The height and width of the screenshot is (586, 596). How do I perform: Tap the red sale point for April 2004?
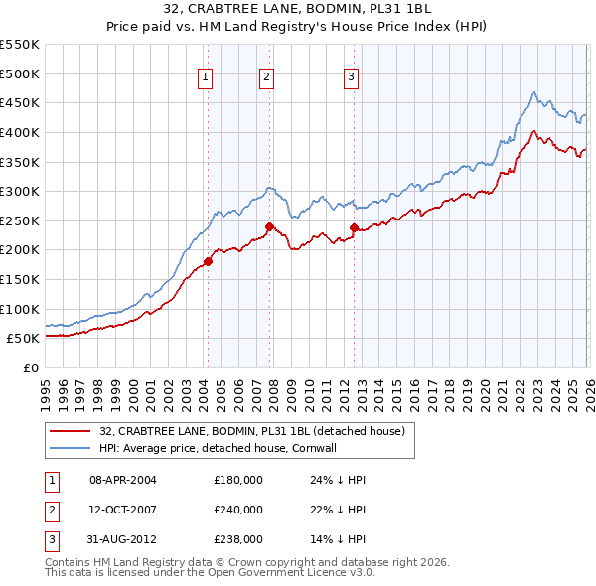coord(208,261)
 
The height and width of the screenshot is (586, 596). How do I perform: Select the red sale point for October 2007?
coord(269,226)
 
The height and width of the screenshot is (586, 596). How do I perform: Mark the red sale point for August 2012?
coord(355,227)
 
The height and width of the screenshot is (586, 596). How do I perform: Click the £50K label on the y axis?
coord(23,338)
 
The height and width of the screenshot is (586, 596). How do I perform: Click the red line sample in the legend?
coord(71,431)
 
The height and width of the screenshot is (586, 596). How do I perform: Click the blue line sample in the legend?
coord(71,448)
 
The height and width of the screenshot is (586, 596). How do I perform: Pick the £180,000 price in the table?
coord(238,480)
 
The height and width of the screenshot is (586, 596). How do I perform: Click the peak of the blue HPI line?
coord(533,92)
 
